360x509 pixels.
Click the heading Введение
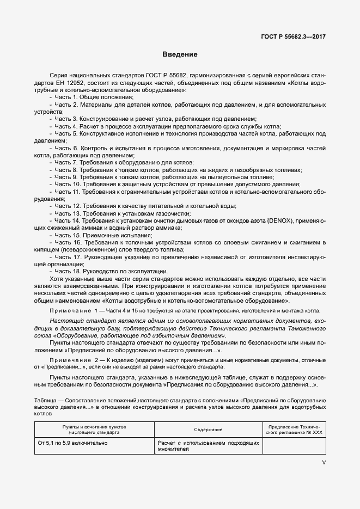point(180,54)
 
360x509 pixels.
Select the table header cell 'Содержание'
point(208,430)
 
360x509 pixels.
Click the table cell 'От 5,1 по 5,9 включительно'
point(72,443)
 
